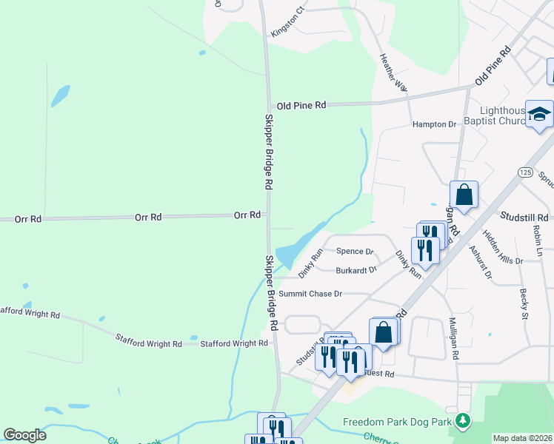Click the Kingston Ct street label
[x=288, y=23]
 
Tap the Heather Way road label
[x=393, y=73]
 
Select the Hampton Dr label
[x=434, y=124]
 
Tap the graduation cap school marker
[x=539, y=115]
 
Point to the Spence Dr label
[x=355, y=252]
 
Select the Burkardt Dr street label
[x=356, y=270]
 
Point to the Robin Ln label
[x=538, y=241]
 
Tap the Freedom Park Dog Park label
[x=397, y=422]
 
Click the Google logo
[x=24, y=435]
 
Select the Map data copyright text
[x=522, y=438]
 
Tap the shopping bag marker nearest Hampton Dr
[x=464, y=195]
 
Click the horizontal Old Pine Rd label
[x=300, y=105]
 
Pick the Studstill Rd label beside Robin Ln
[x=524, y=217]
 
